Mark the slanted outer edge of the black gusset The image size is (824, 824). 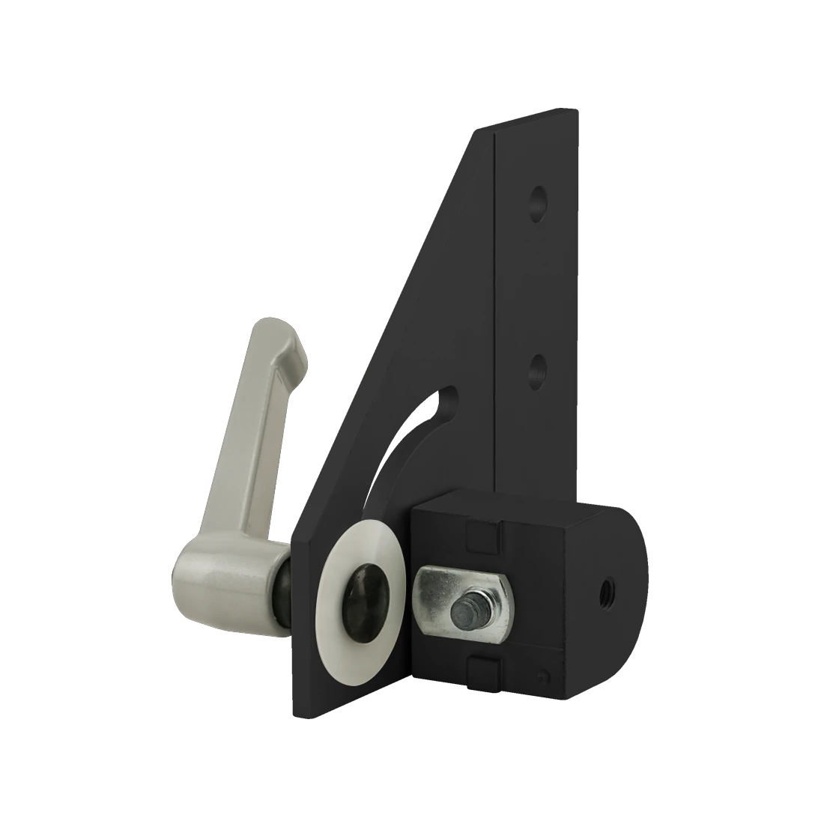coord(390,322)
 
